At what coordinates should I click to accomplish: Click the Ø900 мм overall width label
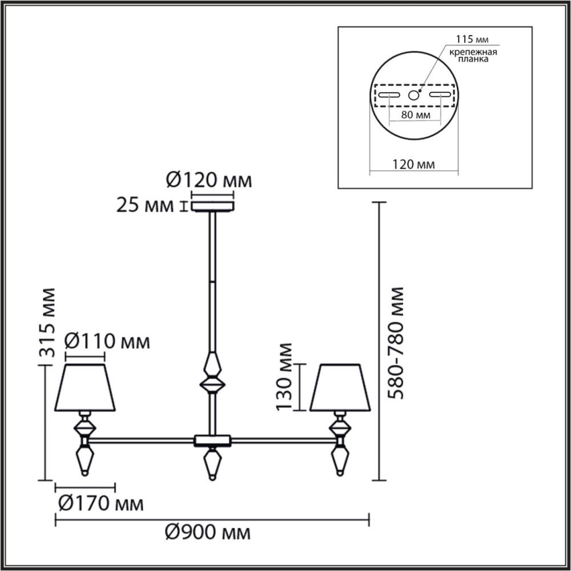point(208,533)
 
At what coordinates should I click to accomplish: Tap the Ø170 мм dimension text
point(100,504)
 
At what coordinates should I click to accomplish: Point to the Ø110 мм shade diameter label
point(107,342)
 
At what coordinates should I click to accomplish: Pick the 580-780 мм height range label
point(395,343)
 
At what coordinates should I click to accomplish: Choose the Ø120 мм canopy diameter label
point(208,181)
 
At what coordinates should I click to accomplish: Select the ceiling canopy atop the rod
point(212,205)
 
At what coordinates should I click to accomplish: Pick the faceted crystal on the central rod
point(212,374)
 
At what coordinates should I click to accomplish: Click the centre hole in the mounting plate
point(414,95)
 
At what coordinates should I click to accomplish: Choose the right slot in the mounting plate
point(440,95)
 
